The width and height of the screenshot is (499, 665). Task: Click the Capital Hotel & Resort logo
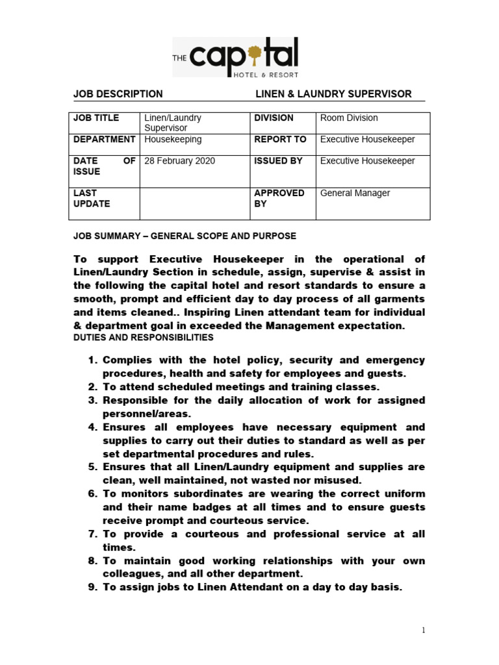tap(235, 57)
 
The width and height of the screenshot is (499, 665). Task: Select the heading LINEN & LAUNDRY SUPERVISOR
tap(333, 94)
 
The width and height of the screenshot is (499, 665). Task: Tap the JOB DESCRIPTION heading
tap(118, 94)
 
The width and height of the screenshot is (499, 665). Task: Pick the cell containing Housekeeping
tap(173, 140)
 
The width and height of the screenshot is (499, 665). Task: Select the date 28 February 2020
tap(179, 161)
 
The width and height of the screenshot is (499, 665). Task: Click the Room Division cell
tap(349, 118)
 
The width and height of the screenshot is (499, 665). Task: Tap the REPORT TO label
tap(280, 140)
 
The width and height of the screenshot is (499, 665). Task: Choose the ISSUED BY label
tap(278, 161)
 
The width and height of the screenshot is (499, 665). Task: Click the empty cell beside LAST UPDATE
tap(194, 203)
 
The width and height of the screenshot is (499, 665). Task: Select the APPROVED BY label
tap(279, 198)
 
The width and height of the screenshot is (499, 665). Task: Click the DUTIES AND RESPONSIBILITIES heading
tap(142, 338)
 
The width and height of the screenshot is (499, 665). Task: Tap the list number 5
tap(92, 467)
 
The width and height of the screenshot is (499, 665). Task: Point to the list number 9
tap(92, 588)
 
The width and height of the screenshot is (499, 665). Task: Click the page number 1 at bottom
tap(423, 631)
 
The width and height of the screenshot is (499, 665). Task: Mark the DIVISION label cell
tap(274, 118)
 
